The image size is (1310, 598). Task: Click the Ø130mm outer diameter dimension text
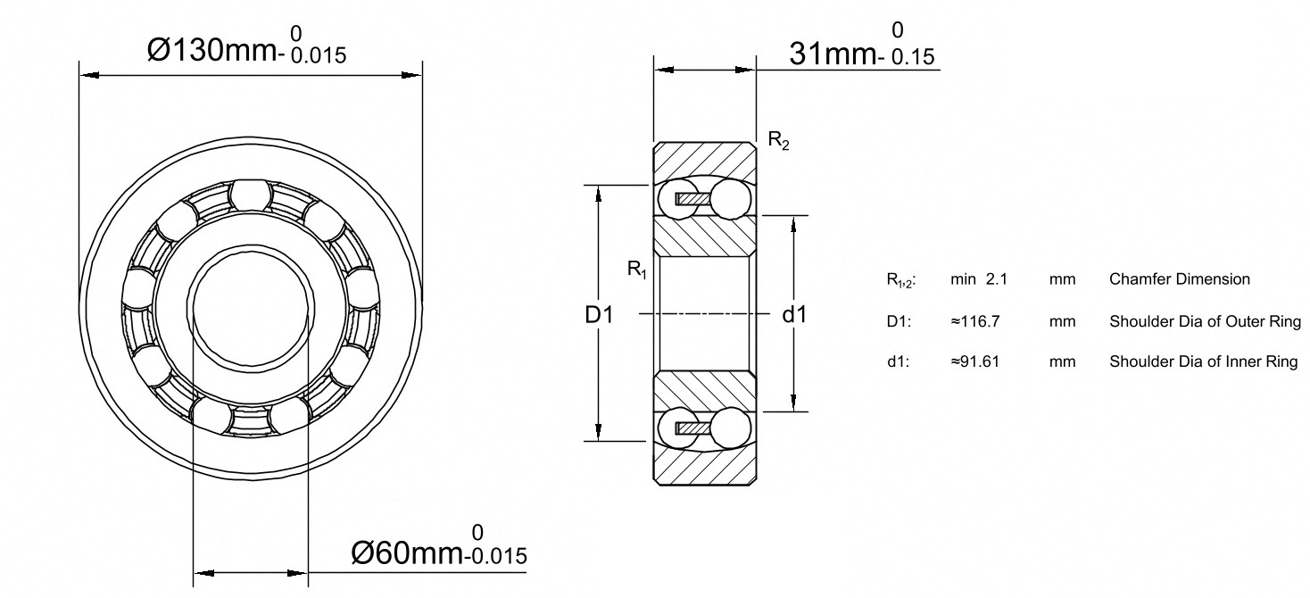click(211, 50)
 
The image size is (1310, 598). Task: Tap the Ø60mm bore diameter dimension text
click(406, 552)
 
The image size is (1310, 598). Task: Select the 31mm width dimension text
click(832, 54)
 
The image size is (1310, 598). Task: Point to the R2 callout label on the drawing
click(778, 140)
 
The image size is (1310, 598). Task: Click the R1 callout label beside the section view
click(637, 270)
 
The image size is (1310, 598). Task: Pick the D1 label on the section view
click(599, 315)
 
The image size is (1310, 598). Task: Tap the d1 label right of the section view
click(794, 315)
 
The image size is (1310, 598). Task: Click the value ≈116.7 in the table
click(974, 321)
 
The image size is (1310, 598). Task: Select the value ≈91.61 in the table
click(974, 361)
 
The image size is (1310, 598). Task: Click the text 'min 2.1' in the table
click(978, 279)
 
